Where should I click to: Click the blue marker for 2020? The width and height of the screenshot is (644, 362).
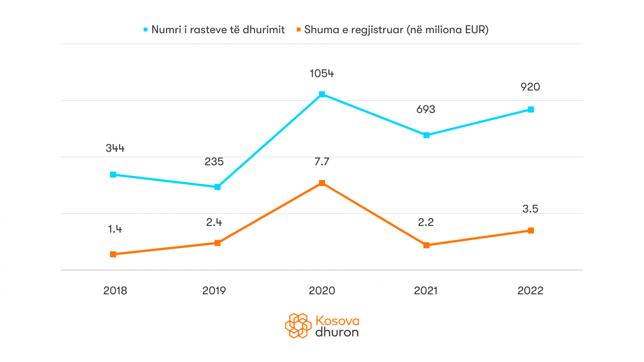[x=322, y=94]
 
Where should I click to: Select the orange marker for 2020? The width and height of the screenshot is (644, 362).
[x=322, y=183]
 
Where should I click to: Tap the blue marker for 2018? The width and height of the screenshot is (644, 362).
[x=113, y=175]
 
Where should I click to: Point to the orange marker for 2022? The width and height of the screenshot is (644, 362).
[x=531, y=230]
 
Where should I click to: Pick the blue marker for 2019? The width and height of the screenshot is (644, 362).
[x=218, y=187]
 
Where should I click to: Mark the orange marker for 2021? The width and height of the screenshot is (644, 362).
[x=426, y=245]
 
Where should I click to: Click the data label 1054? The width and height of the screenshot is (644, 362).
[x=322, y=74]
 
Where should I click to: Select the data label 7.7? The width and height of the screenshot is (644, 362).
[x=322, y=162]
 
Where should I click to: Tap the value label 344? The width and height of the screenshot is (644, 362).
[x=115, y=148]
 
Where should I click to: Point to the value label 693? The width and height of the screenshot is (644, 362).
[x=425, y=110]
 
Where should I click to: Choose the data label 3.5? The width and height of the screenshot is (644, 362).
[x=530, y=209]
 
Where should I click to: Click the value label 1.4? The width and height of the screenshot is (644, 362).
[x=115, y=229]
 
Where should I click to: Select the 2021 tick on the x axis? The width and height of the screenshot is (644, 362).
[x=425, y=291]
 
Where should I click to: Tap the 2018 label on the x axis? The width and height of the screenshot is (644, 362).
[x=115, y=291]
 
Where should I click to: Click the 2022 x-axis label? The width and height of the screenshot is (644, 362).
[x=530, y=291]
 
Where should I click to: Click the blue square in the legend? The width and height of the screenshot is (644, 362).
[x=146, y=30]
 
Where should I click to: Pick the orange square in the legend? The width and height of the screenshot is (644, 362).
[x=299, y=30]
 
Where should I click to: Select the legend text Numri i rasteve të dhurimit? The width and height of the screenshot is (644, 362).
[x=218, y=30]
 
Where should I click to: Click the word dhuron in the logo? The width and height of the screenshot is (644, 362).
[x=337, y=332]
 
